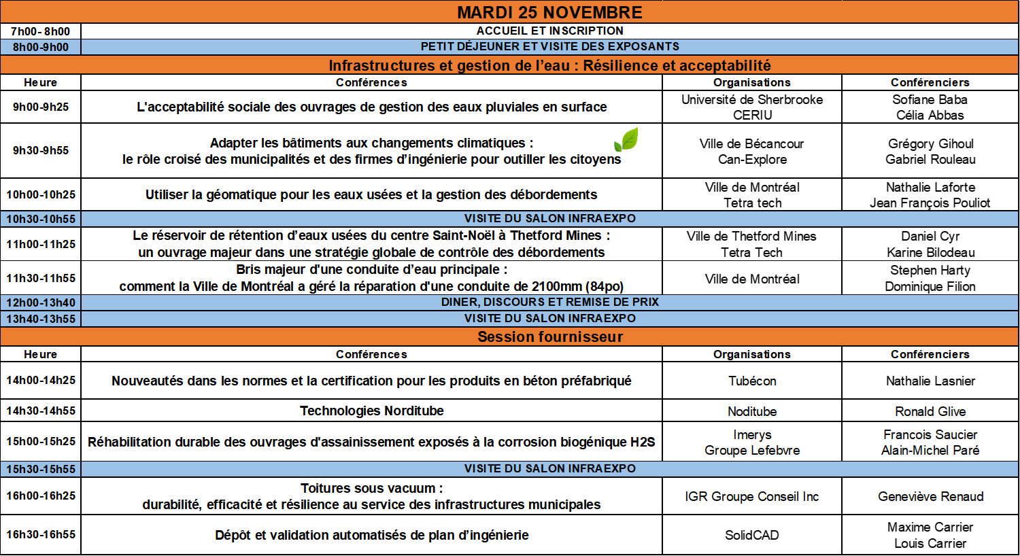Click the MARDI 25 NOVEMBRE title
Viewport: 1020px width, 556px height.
pyautogui.click(x=549, y=12)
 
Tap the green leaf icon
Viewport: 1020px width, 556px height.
pyautogui.click(x=626, y=139)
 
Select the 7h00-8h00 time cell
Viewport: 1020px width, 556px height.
pyautogui.click(x=40, y=31)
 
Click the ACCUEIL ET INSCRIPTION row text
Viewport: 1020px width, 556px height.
pyautogui.click(x=549, y=31)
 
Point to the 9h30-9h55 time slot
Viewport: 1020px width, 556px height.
pyautogui.click(x=41, y=150)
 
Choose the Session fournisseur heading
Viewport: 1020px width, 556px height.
pyautogui.click(x=549, y=337)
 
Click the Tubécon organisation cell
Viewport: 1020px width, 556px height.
pyautogui.click(x=752, y=381)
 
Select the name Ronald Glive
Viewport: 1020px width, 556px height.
pyautogui.click(x=930, y=411)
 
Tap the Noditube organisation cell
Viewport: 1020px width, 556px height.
pyautogui.click(x=752, y=411)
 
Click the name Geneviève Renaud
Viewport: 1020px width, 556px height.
pyautogui.click(x=930, y=496)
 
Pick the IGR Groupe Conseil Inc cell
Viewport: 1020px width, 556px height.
pyautogui.click(x=752, y=496)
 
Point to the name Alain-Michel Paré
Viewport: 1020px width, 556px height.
pyautogui.click(x=930, y=450)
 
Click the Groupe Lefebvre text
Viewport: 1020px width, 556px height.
pyautogui.click(x=752, y=450)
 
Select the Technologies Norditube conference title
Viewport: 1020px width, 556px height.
pyautogui.click(x=371, y=411)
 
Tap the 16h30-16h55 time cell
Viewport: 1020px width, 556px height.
pyautogui.click(x=41, y=534)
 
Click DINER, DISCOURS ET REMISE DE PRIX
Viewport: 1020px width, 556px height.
pyautogui.click(x=549, y=302)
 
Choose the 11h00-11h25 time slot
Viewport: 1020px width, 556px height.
pyautogui.click(x=41, y=244)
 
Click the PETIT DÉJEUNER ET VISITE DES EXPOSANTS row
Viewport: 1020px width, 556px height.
pyautogui.click(x=549, y=46)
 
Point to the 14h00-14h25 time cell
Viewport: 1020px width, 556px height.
pyautogui.click(x=41, y=380)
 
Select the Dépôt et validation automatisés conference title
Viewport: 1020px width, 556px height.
pyautogui.click(x=371, y=535)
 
